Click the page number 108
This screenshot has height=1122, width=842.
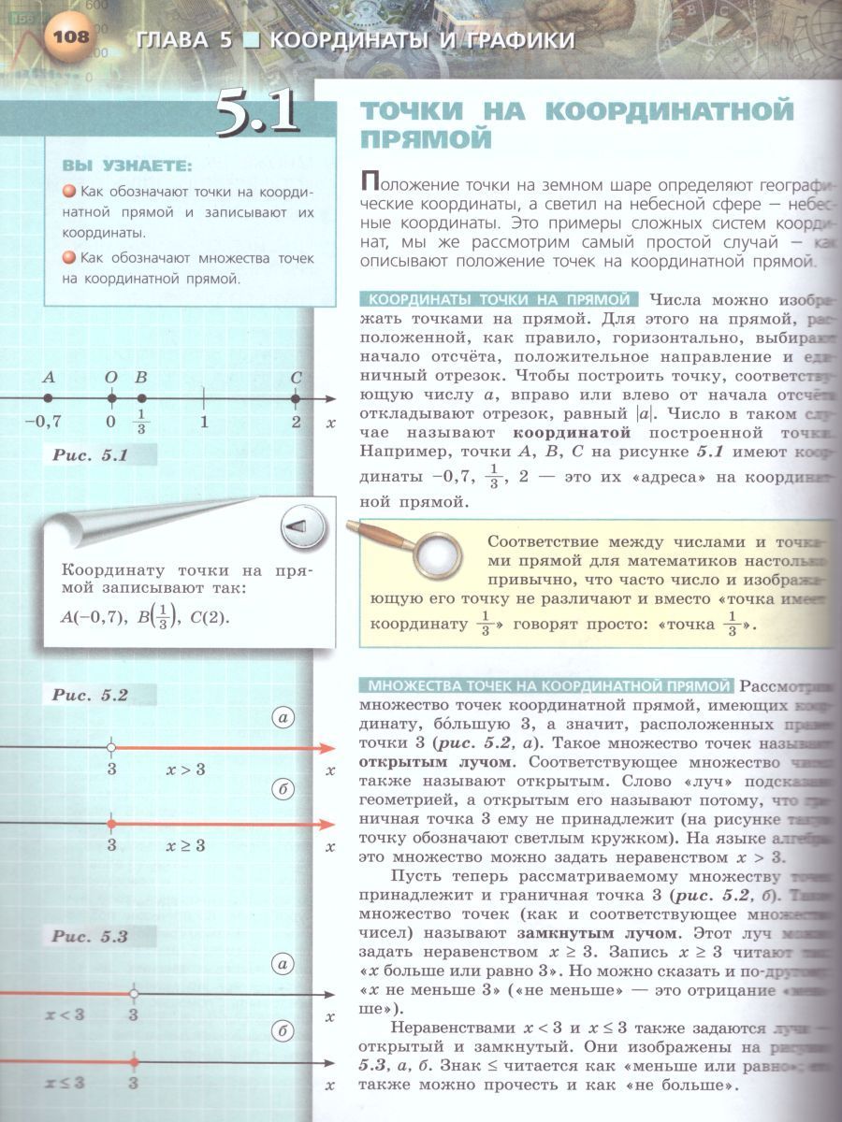69,38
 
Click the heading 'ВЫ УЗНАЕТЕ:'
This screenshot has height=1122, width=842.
127,166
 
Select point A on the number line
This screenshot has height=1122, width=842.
49,398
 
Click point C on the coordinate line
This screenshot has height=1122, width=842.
296,398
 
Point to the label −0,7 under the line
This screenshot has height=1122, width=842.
43,422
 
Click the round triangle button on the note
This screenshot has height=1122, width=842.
302,528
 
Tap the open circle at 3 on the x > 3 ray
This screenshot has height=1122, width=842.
111,748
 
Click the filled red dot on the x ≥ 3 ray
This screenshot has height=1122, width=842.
111,824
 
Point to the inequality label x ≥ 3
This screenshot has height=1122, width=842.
185,845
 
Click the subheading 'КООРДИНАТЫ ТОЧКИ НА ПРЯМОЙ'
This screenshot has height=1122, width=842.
499,300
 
